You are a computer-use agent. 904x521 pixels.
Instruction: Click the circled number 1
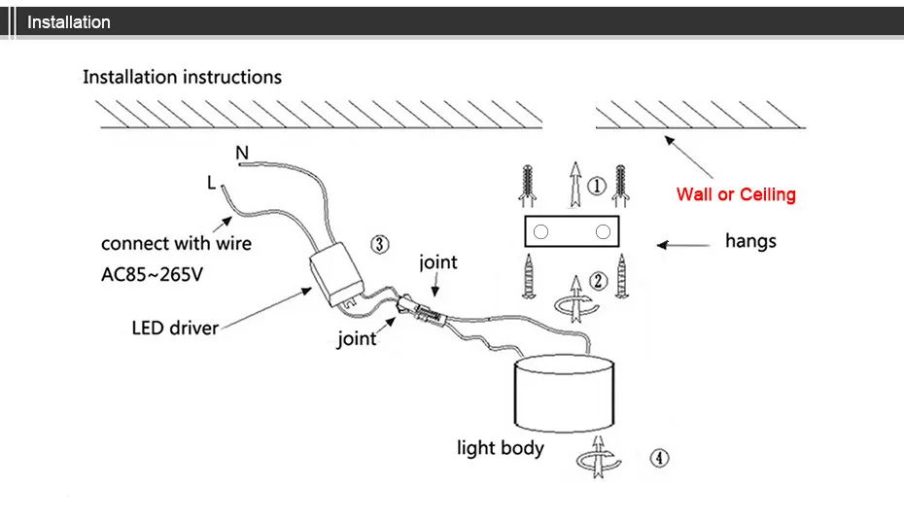597,186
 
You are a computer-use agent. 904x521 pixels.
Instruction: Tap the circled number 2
599,281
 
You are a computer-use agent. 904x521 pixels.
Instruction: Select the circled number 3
379,244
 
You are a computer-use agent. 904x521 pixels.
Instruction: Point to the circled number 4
660,458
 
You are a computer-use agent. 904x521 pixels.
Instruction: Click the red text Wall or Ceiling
736,194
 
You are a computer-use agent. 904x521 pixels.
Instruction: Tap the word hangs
750,241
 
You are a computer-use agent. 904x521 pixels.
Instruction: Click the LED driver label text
175,328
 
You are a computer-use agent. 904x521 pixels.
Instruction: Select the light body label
501,448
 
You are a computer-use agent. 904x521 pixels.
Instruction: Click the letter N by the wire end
242,153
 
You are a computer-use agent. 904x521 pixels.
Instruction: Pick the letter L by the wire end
211,183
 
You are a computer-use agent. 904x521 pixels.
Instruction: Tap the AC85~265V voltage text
153,274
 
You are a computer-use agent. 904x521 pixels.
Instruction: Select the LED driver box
336,274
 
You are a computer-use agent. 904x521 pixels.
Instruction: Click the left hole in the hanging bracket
540,231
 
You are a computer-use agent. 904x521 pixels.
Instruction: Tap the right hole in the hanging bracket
603,231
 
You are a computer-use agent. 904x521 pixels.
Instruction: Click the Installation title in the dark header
69,22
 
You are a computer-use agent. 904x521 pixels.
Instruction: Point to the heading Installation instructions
182,77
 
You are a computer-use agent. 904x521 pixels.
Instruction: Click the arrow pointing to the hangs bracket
683,245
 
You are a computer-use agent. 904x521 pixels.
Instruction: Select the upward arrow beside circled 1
574,185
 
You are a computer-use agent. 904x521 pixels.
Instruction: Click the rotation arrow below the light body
599,457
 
